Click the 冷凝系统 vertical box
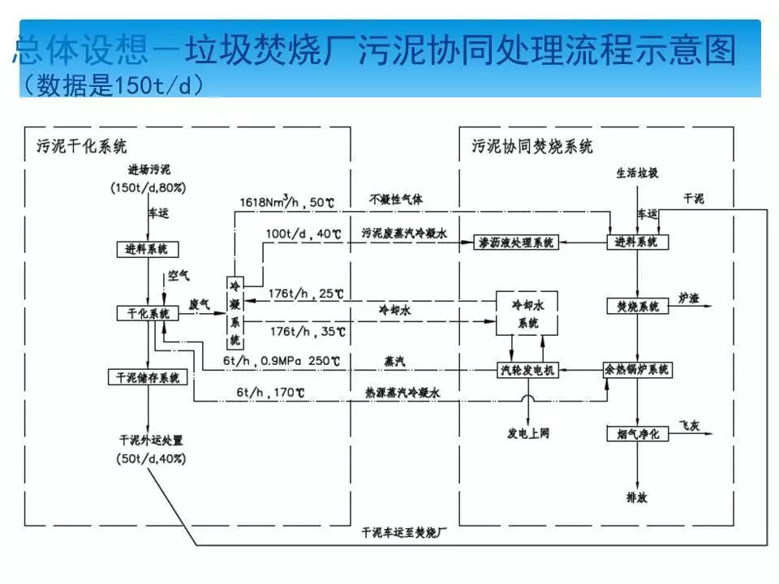click(235, 312)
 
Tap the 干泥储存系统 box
click(147, 377)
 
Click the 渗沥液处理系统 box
click(516, 243)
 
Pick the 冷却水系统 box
click(527, 313)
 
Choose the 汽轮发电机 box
click(527, 370)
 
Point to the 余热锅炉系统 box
click(637, 370)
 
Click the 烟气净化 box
click(637, 434)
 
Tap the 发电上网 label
click(527, 434)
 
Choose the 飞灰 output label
click(689, 425)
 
